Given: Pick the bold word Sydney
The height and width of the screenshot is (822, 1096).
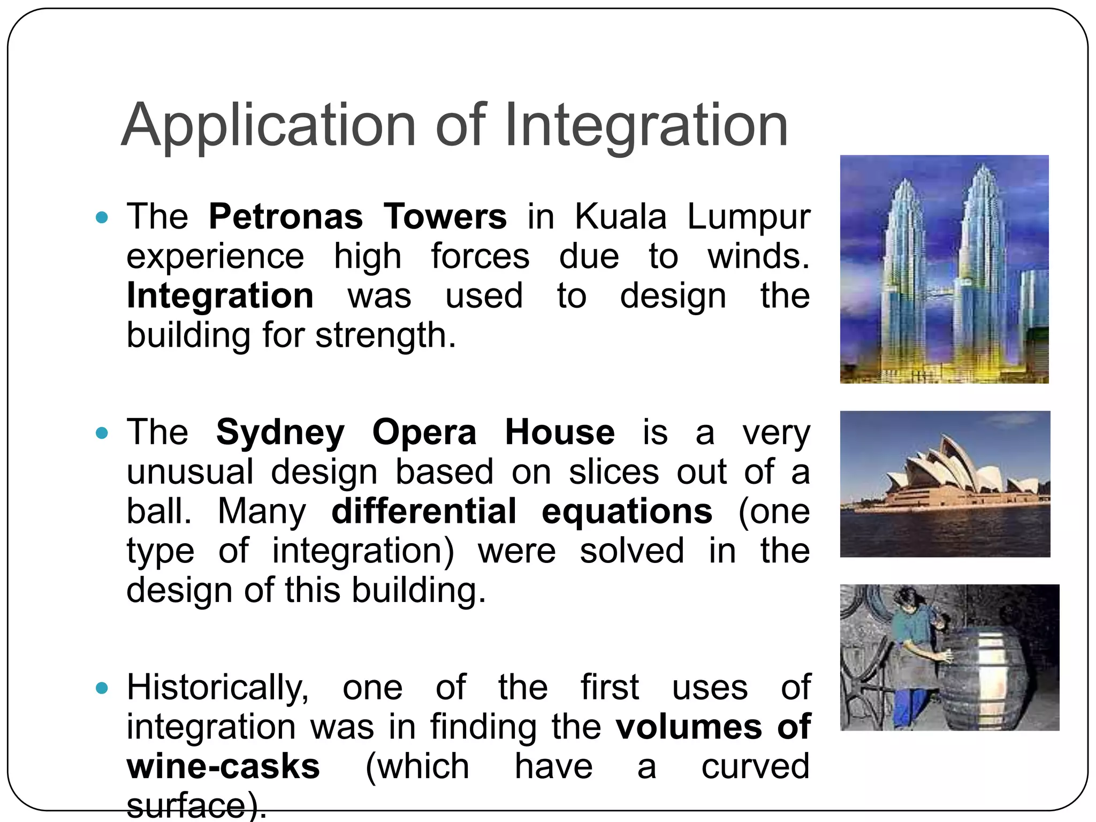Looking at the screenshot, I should [x=280, y=432].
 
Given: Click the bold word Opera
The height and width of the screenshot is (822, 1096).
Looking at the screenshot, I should [x=424, y=432].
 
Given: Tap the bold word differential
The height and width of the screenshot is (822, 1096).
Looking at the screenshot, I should [x=424, y=511].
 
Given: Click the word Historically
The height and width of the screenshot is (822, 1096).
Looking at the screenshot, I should [x=217, y=688].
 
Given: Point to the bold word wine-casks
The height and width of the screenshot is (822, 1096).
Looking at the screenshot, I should [x=223, y=766].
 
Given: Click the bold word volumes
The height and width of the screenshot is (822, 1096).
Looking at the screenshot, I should [x=688, y=727].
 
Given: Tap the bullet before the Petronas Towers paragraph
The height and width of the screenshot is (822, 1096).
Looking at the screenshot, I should [x=102, y=217].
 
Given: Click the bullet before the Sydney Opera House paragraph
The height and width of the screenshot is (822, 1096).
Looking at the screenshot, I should [x=102, y=432].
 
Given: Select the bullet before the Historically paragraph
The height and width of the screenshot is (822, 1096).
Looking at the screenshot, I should [x=102, y=688].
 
